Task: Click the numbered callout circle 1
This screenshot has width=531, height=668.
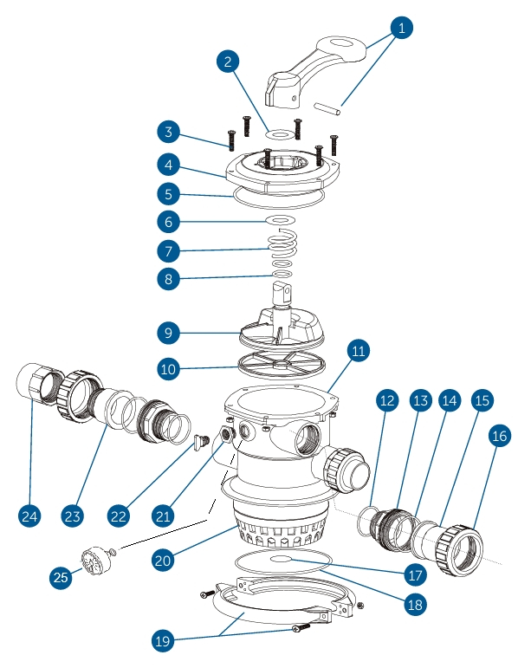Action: pyautogui.click(x=399, y=28)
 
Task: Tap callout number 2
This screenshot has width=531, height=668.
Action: pyautogui.click(x=228, y=62)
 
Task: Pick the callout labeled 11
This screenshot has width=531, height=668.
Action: pyautogui.click(x=357, y=351)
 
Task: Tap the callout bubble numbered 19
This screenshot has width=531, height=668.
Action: pyautogui.click(x=161, y=642)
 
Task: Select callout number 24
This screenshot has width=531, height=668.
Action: pyautogui.click(x=30, y=516)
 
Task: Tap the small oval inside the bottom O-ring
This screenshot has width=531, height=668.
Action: pyautogui.click(x=285, y=561)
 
